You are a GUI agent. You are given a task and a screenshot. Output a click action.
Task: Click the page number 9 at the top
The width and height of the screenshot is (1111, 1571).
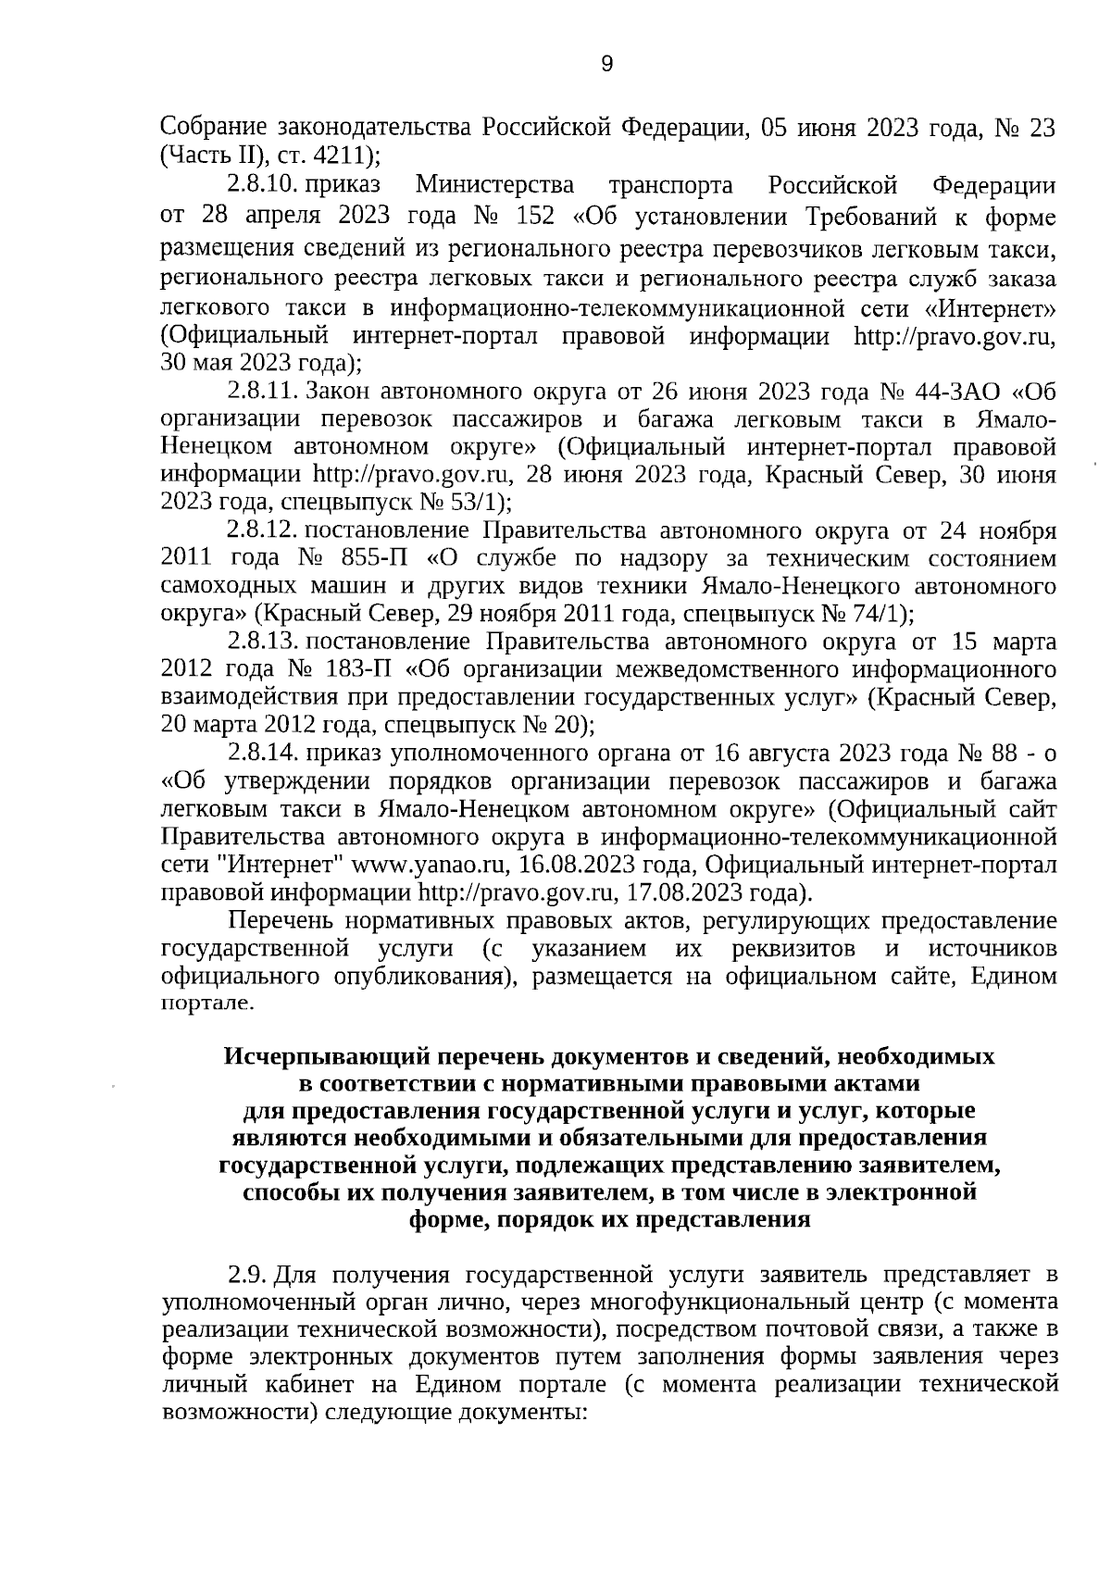pyautogui.click(x=606, y=63)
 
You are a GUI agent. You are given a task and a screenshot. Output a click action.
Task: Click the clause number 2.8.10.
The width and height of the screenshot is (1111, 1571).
pyautogui.click(x=264, y=185)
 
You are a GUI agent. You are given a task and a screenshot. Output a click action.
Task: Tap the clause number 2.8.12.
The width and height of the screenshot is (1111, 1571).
pyautogui.click(x=264, y=531)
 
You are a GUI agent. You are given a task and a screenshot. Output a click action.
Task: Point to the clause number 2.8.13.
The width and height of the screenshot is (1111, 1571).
pyautogui.click(x=264, y=642)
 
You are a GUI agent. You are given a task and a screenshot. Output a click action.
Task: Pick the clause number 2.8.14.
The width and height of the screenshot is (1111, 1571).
pyautogui.click(x=264, y=752)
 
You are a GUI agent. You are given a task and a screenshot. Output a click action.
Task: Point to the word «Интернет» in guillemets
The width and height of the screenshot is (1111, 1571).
pyautogui.click(x=991, y=305)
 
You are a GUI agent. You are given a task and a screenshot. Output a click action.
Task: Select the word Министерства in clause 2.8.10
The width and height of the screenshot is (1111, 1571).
pyautogui.click(x=494, y=185)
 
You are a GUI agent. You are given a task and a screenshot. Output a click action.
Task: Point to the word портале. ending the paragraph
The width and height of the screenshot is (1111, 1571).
pyautogui.click(x=205, y=1004)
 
